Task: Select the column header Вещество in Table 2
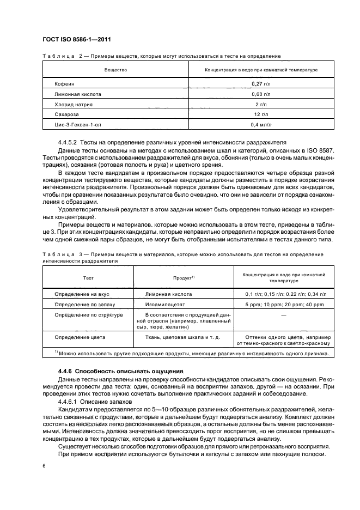coord(115,70)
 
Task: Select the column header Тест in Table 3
coord(88,277)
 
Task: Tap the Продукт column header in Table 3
coord(184,277)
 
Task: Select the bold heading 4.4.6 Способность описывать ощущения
coord(116,371)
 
